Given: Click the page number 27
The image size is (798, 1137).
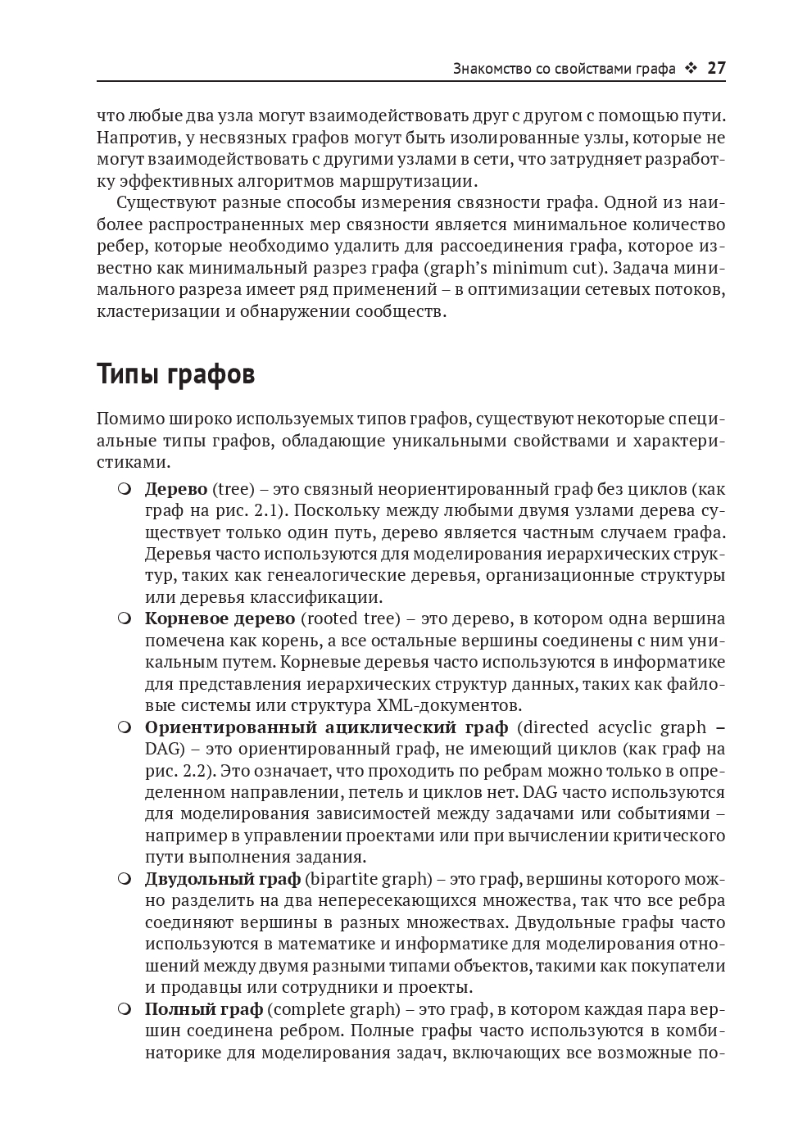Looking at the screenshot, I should tap(716, 68).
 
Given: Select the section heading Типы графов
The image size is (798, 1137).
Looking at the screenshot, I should tap(175, 374).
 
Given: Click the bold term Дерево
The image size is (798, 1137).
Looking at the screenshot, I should tap(176, 489).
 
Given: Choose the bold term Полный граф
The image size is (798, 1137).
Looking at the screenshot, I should tap(204, 1008).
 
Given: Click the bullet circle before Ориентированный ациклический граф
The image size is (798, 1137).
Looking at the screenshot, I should tap(125, 727).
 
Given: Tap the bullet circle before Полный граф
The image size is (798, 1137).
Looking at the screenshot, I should tap(125, 1008).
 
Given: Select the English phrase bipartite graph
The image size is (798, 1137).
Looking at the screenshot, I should tap(369, 879).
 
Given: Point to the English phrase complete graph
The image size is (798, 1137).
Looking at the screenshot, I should tap(334, 1008).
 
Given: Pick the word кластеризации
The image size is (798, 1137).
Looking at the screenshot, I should tap(160, 311).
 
